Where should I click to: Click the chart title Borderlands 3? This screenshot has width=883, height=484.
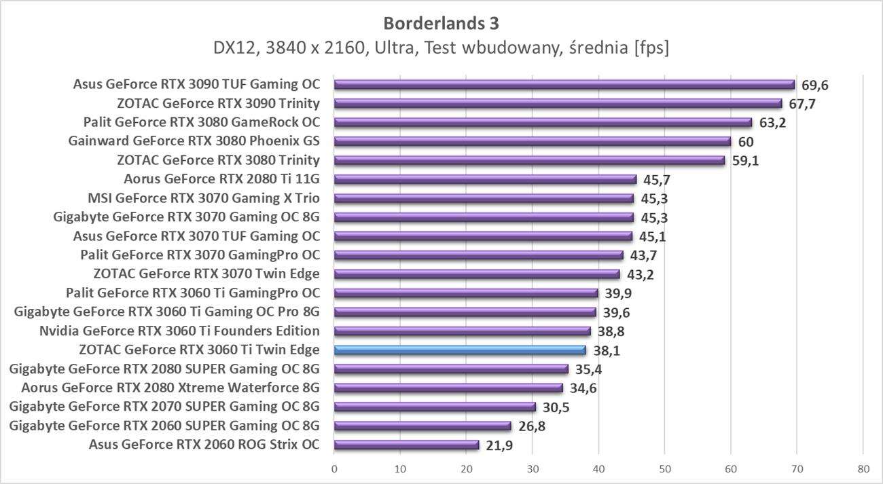pos(441,23)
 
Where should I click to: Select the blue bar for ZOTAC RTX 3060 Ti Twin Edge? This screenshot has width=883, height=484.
pos(460,350)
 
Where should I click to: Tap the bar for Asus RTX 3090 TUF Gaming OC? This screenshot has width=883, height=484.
pos(564,85)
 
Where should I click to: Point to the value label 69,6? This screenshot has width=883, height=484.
pos(815,85)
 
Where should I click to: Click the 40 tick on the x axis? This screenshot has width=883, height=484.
pos(598,468)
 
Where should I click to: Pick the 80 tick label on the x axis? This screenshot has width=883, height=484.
pos(862,468)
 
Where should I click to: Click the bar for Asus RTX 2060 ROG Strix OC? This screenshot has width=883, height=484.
pos(406,445)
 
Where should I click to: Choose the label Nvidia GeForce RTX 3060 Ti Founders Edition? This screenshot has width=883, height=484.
pos(180,331)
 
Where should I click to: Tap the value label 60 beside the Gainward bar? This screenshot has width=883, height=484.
pos(746,142)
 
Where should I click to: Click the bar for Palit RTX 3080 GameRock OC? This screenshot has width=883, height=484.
pos(543,123)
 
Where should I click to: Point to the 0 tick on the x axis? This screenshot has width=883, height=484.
pos(334,468)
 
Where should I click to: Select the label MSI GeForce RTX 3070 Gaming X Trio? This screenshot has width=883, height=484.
pos(204,198)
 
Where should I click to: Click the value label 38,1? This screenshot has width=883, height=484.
pos(607,351)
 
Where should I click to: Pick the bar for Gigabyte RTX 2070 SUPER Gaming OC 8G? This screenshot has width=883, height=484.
pos(435,407)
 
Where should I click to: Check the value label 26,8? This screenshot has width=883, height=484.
pos(531,426)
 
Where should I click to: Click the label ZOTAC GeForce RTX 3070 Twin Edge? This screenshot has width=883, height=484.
pos(206,274)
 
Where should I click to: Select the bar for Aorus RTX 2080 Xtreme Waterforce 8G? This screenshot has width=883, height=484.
pos(448,388)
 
